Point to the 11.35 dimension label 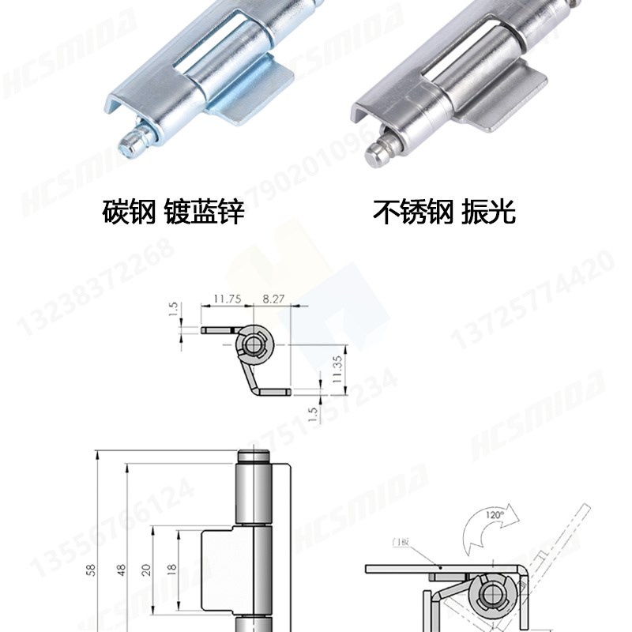pyautogui.click(x=337, y=369)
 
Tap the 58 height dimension pyautogui.click(x=92, y=570)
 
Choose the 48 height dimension pyautogui.click(x=122, y=570)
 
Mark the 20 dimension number pyautogui.click(x=146, y=570)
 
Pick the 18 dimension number pyautogui.click(x=171, y=570)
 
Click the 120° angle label pyautogui.click(x=494, y=515)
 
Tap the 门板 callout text pyautogui.click(x=401, y=543)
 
